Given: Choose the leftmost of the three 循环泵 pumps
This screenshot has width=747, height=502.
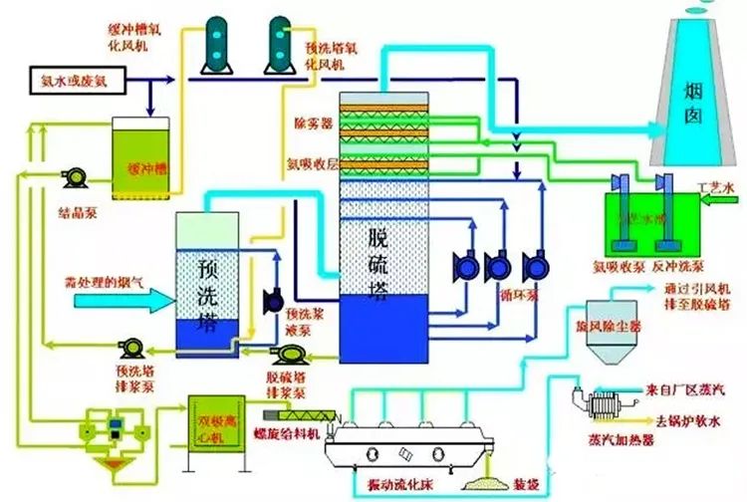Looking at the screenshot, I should [x=465, y=267].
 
